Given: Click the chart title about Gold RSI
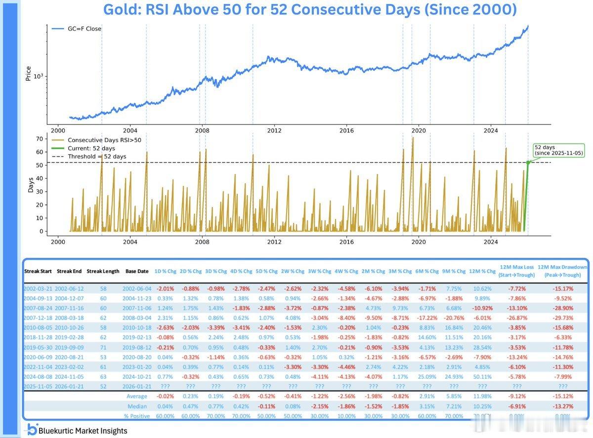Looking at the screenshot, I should tap(309, 9).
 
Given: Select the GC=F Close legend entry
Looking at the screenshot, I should tap(84, 29).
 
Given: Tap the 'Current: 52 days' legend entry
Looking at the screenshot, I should tap(91, 148).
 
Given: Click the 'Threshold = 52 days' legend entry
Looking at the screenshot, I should tap(96, 157).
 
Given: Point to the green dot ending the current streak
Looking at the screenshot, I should tap(528, 162).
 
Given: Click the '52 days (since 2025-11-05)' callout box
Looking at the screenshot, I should tap(559, 150).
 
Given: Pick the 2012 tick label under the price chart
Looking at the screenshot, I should tap(274, 130).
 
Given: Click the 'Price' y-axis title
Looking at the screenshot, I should tap(28, 74).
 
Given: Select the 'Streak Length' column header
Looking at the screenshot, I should tap(103, 271).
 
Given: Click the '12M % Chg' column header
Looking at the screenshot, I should tap(482, 271).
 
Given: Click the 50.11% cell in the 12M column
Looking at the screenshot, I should tap(482, 377).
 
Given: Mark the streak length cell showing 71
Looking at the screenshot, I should tap(103, 347).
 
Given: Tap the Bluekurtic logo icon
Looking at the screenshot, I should tap(33, 430).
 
